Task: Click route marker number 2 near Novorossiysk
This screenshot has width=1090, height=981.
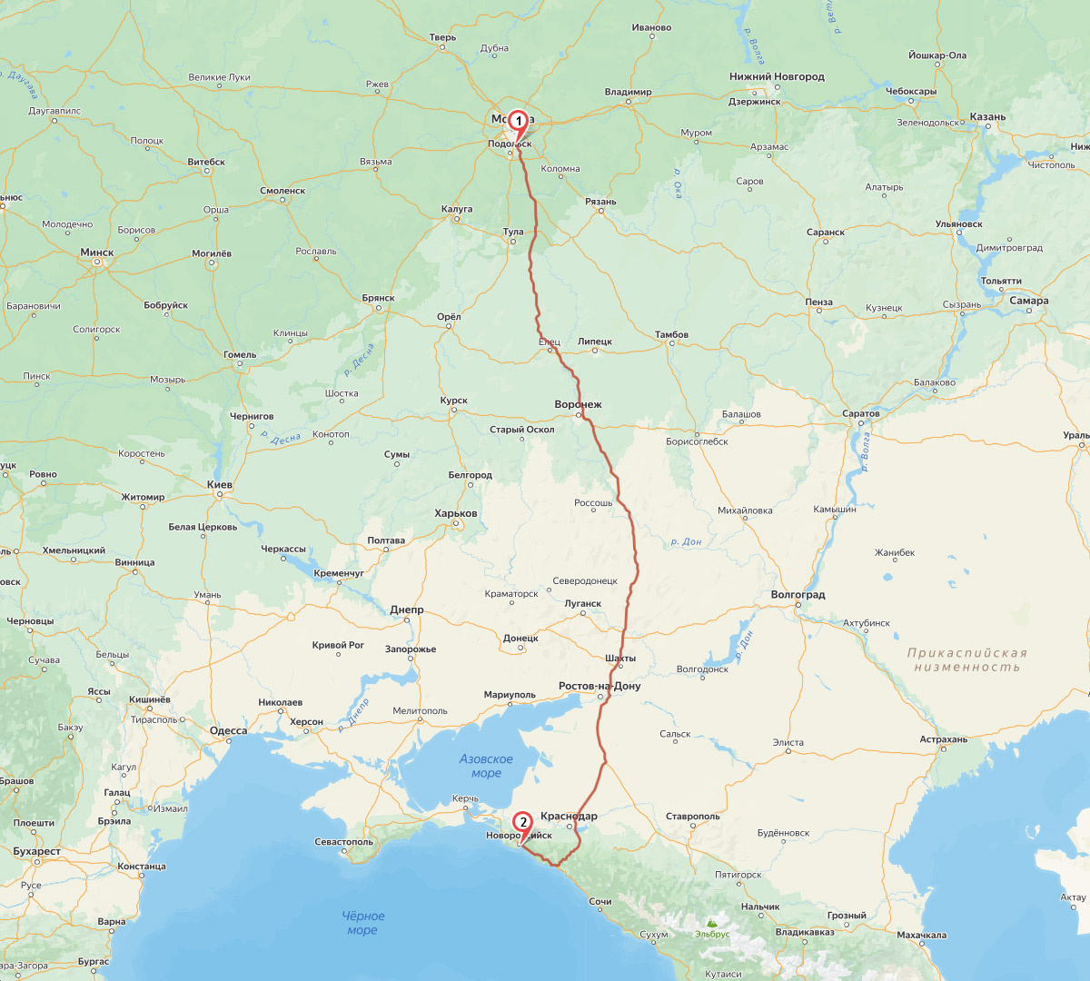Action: tap(522, 822)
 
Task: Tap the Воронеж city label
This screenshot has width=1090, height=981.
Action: tap(578, 404)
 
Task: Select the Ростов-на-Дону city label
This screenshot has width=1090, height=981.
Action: tap(599, 687)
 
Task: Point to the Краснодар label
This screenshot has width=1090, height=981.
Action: tap(569, 816)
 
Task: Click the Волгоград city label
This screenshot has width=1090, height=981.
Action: tap(798, 595)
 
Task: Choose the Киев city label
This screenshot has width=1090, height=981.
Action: tap(220, 485)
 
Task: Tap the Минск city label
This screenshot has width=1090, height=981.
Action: tap(97, 253)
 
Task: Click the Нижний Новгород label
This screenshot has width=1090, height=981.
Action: tap(777, 77)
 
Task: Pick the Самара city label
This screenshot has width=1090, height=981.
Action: tap(1028, 301)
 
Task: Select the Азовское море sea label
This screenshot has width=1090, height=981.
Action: tap(486, 766)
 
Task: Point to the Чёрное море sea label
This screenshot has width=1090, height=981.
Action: tap(363, 923)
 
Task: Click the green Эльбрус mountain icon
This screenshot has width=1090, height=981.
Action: tap(711, 922)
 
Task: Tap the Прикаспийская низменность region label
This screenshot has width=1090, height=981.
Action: tap(966, 659)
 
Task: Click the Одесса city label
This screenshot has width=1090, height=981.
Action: tap(228, 731)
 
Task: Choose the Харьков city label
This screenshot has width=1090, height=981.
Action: tap(456, 514)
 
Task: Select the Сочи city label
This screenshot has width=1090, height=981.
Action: tap(599, 902)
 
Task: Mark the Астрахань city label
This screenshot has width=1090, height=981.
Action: tap(944, 740)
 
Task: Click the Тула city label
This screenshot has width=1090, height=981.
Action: tap(513, 232)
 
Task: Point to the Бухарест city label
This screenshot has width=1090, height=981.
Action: tap(37, 852)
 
